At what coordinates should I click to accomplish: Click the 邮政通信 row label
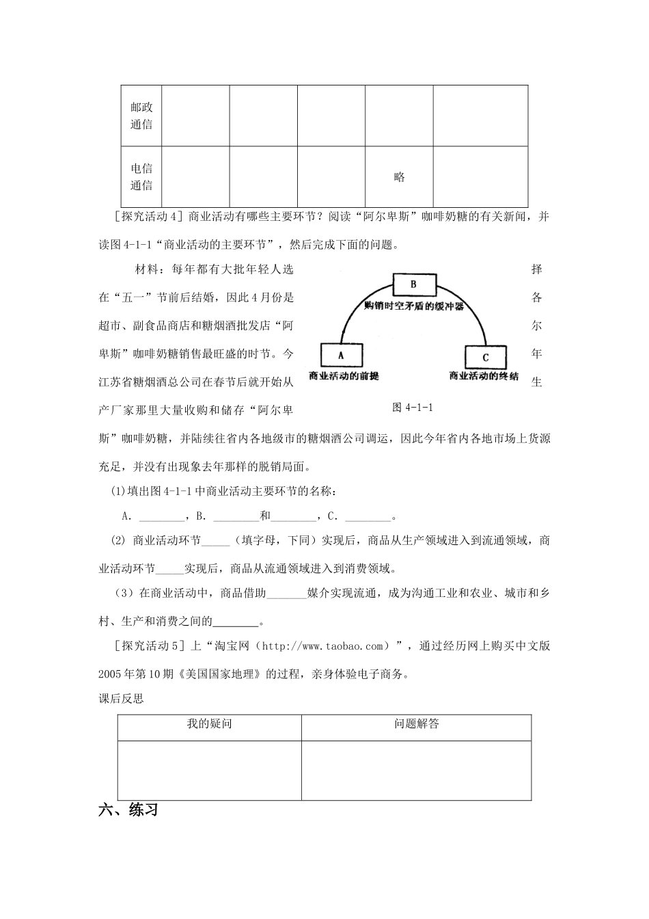coord(141,116)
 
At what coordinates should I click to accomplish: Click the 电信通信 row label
coord(141,176)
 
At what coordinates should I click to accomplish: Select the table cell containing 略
coord(399,177)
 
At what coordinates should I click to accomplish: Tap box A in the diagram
coord(341,356)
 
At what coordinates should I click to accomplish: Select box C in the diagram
coord(486,358)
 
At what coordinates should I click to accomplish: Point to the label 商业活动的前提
coord(344,377)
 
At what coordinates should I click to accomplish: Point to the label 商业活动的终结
coord(484,377)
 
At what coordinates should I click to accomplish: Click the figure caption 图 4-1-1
coord(415,407)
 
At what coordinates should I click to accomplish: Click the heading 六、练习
coord(128,810)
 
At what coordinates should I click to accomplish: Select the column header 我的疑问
coord(209,723)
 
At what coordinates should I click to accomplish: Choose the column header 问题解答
coord(416,723)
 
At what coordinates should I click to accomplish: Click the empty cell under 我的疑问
coord(209,770)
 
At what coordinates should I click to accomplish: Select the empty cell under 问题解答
coord(416,770)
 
